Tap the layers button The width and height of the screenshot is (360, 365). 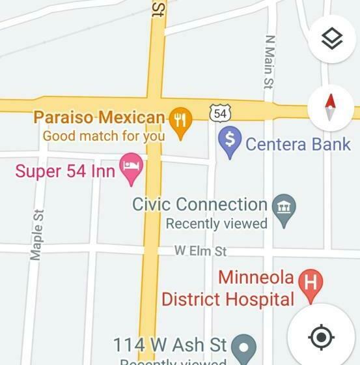point(332,39)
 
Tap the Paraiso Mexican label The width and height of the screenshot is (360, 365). point(99,118)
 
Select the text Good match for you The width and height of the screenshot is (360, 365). point(104,136)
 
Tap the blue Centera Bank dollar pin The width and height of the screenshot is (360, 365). point(229,143)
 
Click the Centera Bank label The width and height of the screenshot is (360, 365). point(298,144)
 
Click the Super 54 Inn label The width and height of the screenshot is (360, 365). point(65,171)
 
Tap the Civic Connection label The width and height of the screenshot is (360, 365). point(200,205)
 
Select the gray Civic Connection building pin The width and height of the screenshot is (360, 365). point(284,209)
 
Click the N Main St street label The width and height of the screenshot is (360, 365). point(269,62)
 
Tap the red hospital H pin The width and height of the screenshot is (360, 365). point(311,284)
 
